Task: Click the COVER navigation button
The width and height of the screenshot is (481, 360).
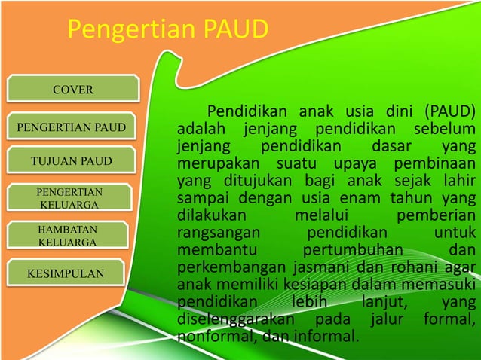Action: (x=72, y=90)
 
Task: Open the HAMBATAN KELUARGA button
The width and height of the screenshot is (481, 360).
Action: (x=67, y=235)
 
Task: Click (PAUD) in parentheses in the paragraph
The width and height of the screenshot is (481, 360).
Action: (x=449, y=112)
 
